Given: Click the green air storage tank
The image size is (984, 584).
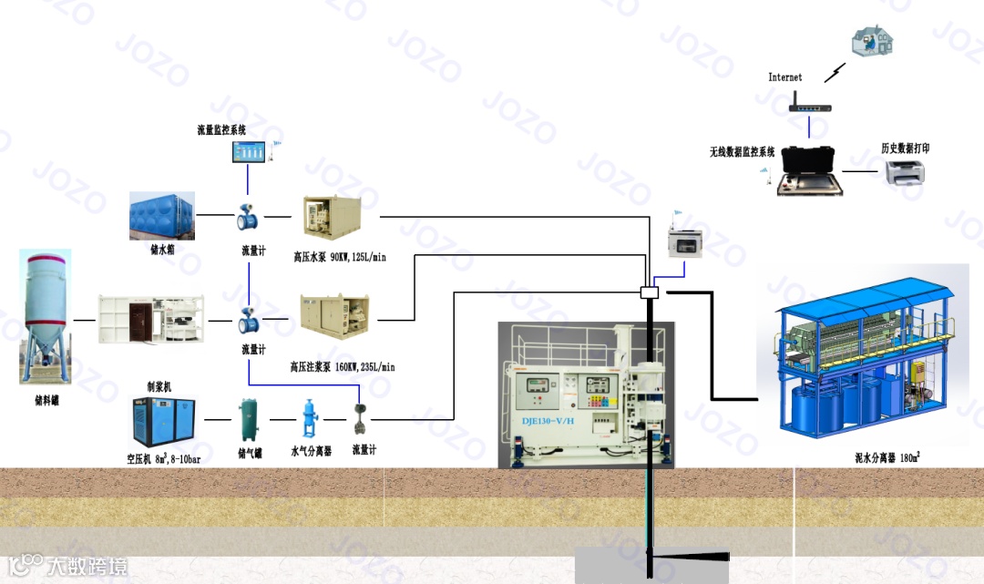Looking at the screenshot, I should pos(247,421).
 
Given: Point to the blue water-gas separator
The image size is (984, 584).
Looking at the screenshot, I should pos(308,421).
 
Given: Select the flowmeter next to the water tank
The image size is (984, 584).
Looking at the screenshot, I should pos(246,219).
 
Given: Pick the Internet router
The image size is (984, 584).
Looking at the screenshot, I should pos(810,105).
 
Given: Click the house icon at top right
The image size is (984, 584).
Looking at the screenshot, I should pos(873,39).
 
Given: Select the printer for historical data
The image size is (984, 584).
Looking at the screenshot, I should pos(907,171).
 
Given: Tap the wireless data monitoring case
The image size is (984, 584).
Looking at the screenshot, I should pos(808,170).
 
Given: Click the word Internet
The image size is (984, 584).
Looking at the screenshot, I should pos(785,77).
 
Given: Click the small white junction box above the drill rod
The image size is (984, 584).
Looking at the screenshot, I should pos(650,292).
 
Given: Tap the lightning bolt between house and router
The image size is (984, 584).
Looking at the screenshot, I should pos(835,71).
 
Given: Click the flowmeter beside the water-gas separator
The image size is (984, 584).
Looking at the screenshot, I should pos(361,418).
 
